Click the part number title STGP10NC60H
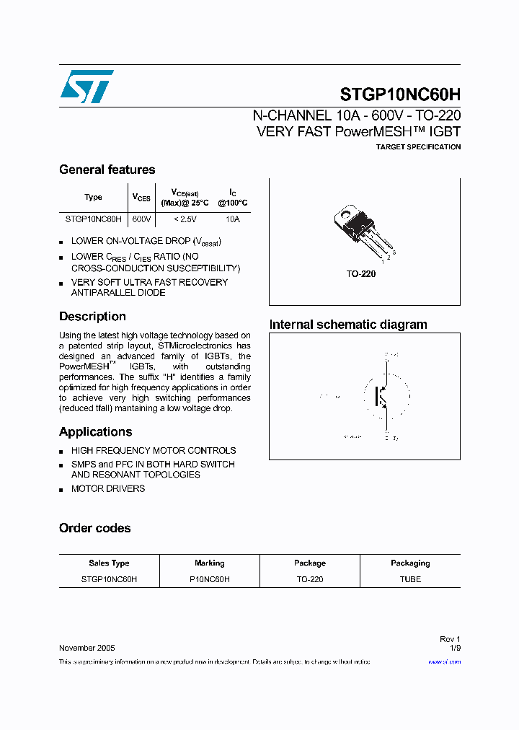pyautogui.click(x=400, y=95)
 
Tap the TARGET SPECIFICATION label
pyautogui.click(x=418, y=147)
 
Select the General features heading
pyautogui.click(x=107, y=170)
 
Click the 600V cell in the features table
pyautogui.click(x=142, y=219)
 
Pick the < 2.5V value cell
pyautogui.click(x=185, y=219)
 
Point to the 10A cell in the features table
pyautogui.click(x=232, y=219)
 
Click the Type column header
pyautogui.click(x=93, y=197)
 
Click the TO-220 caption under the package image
pyautogui.click(x=361, y=274)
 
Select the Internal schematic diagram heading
pyautogui.click(x=348, y=325)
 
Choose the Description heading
pyautogui.click(x=92, y=317)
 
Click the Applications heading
pyautogui.click(x=95, y=432)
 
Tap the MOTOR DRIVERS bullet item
pyautogui.click(x=108, y=488)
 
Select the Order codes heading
pyautogui.click(x=94, y=528)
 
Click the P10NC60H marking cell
pyautogui.click(x=209, y=579)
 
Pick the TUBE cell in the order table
pyautogui.click(x=410, y=579)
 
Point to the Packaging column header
pyautogui.click(x=410, y=563)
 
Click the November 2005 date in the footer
pyautogui.click(x=86, y=648)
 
